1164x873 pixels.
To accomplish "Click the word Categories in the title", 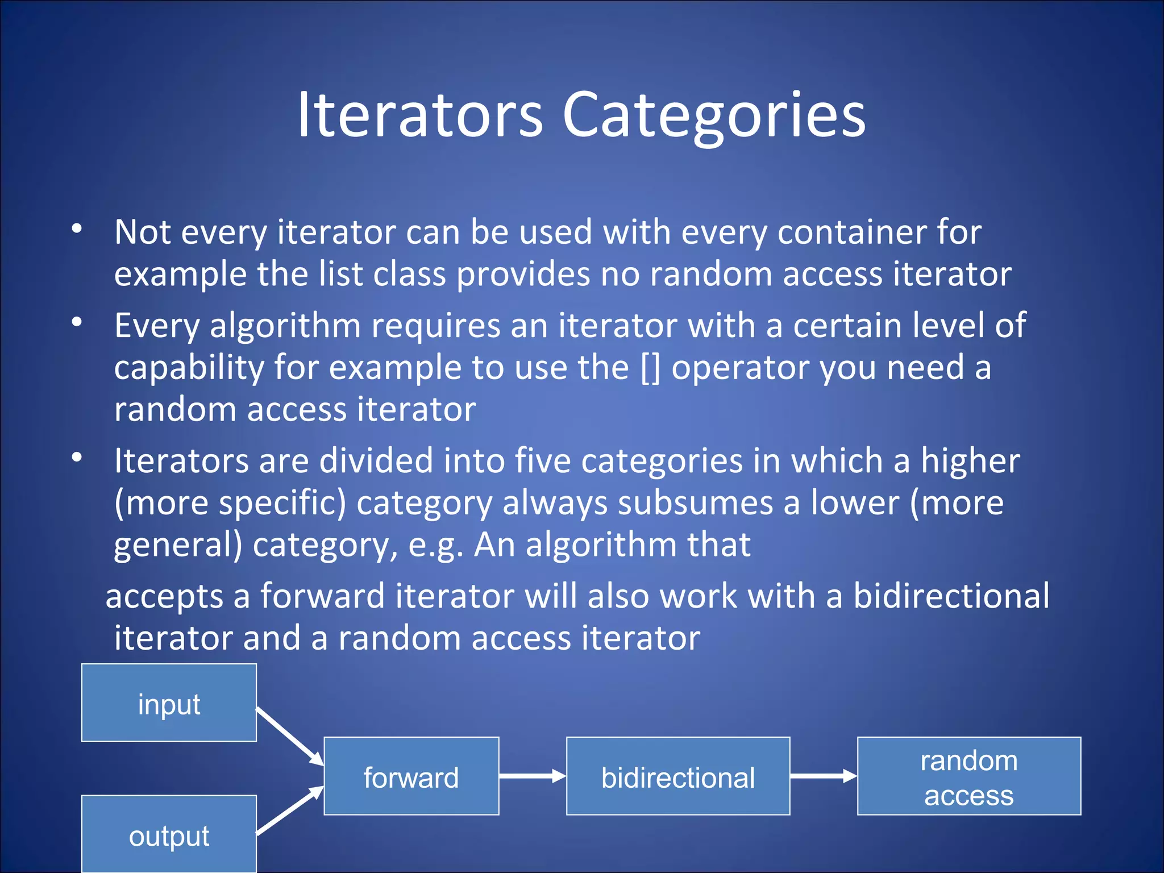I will (713, 117).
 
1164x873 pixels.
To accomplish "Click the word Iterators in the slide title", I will (419, 117).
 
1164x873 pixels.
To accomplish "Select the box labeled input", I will (169, 702).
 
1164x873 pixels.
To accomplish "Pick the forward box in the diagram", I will (411, 776).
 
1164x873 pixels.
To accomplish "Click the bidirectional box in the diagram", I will (677, 776).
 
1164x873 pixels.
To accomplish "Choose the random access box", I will (968, 776).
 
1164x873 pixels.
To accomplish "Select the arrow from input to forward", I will (290, 736).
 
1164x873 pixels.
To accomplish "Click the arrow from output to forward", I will (290, 810).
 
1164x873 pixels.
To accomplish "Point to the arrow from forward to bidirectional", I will (532, 776).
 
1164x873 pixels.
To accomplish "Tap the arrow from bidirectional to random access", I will (823, 776).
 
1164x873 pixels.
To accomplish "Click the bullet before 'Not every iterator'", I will (77, 229).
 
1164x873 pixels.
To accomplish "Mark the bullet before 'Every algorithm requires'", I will (77, 322).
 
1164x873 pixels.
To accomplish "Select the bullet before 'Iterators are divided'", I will (77, 457).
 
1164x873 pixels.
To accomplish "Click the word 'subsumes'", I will (695, 503).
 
